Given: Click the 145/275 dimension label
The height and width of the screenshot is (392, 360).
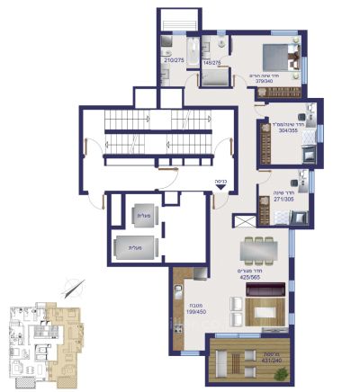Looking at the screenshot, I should point(211,63).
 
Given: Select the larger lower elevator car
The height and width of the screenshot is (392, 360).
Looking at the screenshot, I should point(137,245).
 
